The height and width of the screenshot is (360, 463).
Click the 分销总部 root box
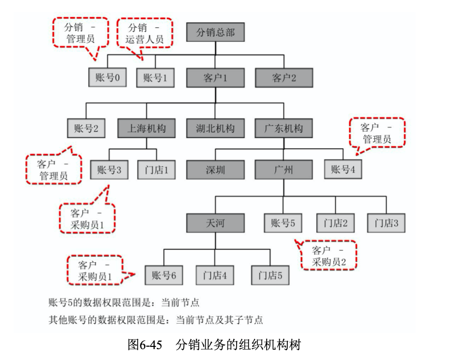[x=215, y=32]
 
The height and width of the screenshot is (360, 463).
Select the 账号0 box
[x=107, y=78]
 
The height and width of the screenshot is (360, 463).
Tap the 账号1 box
[x=155, y=78]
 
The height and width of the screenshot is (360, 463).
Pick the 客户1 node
[x=215, y=78]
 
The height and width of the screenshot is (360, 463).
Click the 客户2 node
[x=283, y=78]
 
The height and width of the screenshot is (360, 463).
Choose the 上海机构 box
[x=146, y=129]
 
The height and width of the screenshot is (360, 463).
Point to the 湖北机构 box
[x=215, y=129]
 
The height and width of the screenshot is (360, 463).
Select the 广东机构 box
[x=283, y=129]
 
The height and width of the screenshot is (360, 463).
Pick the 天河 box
[x=215, y=222]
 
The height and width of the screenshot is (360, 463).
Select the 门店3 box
[x=386, y=222]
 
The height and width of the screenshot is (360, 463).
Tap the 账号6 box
[x=164, y=275]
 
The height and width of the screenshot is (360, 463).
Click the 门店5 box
[x=270, y=275]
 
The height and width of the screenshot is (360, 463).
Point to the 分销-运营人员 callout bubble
[x=145, y=33]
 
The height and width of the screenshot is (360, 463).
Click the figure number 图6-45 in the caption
[x=145, y=345]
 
